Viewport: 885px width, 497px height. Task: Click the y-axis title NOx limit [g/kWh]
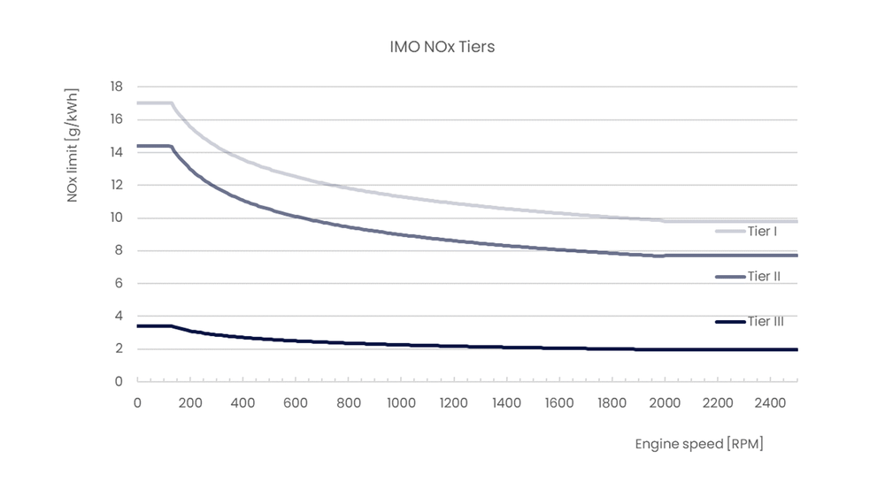pyautogui.click(x=73, y=145)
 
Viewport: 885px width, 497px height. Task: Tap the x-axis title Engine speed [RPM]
pyautogui.click(x=698, y=444)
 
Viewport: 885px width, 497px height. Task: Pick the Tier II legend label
pyautogui.click(x=763, y=277)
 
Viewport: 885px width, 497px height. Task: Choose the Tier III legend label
pyautogui.click(x=766, y=322)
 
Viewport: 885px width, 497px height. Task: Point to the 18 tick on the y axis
pyautogui.click(x=116, y=87)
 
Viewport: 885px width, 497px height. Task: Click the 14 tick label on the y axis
pyautogui.click(x=116, y=152)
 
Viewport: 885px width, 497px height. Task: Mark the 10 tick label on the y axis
pyautogui.click(x=116, y=218)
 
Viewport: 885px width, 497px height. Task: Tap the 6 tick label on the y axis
pyautogui.click(x=119, y=284)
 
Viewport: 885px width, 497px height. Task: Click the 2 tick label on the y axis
pyautogui.click(x=119, y=349)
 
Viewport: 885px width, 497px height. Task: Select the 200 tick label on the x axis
pyautogui.click(x=190, y=403)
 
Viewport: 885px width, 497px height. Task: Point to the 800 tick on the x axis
pyautogui.click(x=349, y=403)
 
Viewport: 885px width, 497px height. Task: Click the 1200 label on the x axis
pyautogui.click(x=454, y=403)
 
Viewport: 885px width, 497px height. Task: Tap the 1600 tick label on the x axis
pyautogui.click(x=559, y=403)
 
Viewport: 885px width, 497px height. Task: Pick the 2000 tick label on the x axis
pyautogui.click(x=666, y=403)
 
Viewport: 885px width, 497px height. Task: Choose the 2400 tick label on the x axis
pyautogui.click(x=771, y=403)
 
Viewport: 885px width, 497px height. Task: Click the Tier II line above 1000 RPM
pyautogui.click(x=401, y=235)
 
